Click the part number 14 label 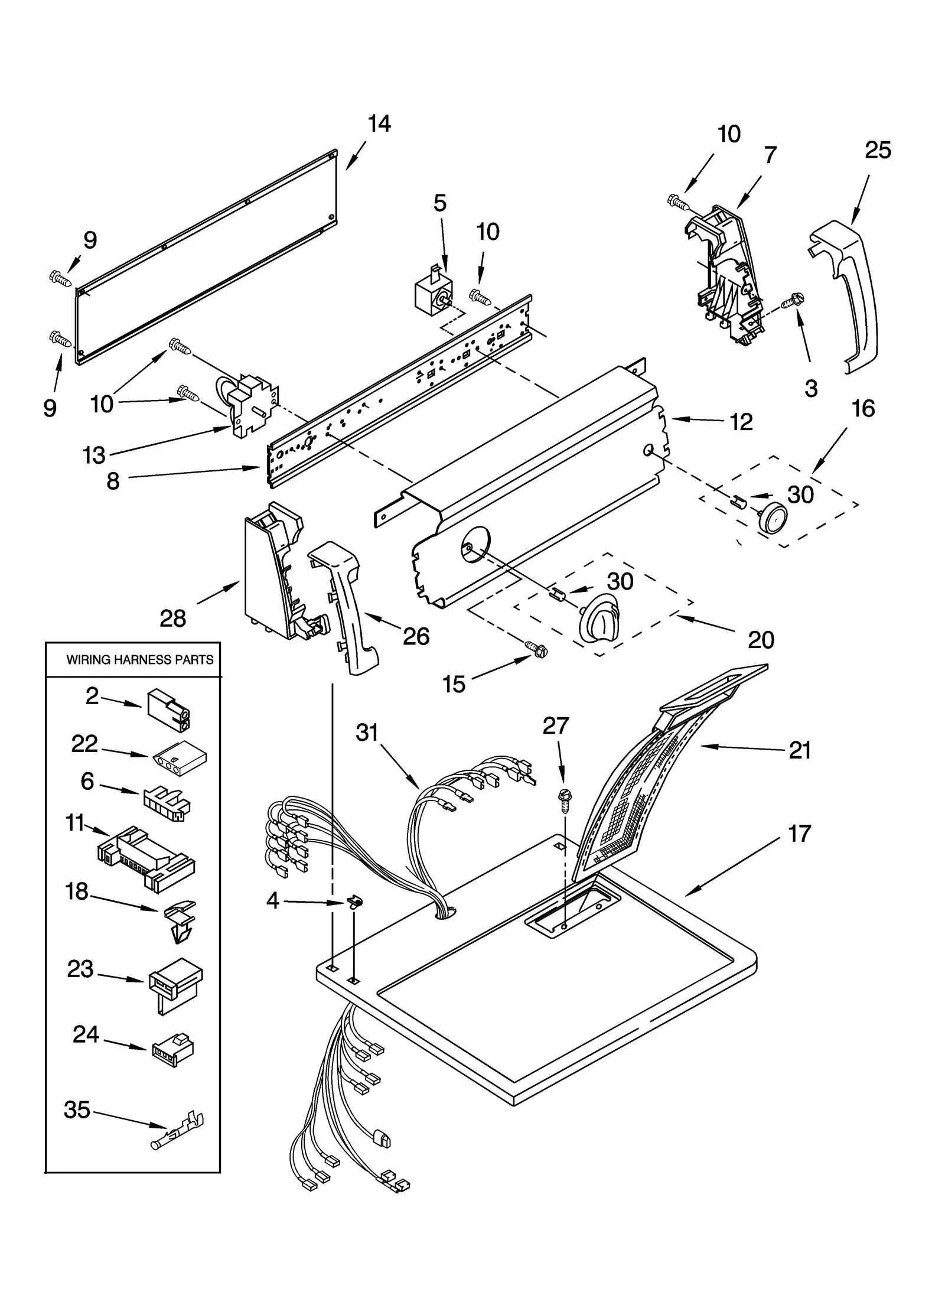tap(379, 124)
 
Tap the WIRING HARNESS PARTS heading tap(139, 660)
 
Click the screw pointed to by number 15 tap(537, 650)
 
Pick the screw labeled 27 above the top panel tap(563, 799)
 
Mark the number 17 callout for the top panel tap(800, 834)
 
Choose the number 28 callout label tap(172, 619)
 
